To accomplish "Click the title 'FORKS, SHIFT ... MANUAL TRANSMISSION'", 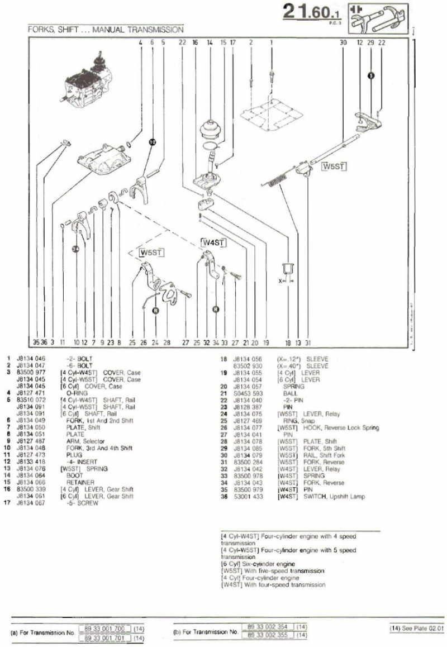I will click(x=106, y=28).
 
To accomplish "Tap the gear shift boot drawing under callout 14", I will click(x=210, y=131).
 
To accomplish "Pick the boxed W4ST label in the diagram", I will click(x=213, y=242).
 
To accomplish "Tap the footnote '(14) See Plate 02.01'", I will click(x=416, y=629).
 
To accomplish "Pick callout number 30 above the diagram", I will click(x=343, y=42).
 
